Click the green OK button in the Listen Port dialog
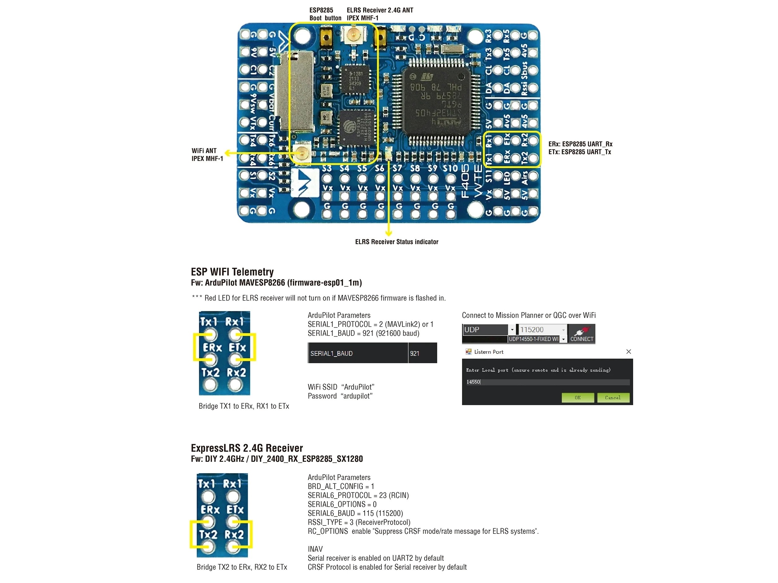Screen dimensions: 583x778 click(x=577, y=398)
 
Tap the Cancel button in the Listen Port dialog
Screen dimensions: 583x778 click(x=613, y=398)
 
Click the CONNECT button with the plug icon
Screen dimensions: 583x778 click(x=581, y=334)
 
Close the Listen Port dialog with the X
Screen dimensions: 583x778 click(x=629, y=351)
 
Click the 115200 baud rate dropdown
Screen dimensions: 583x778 click(x=542, y=330)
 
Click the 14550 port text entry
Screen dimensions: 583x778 click(x=547, y=382)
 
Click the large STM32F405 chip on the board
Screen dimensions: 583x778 click(x=436, y=100)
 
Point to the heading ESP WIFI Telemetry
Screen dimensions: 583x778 click(x=232, y=272)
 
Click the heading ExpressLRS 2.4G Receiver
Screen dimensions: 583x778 click(x=247, y=448)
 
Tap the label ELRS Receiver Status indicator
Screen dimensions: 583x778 click(x=396, y=242)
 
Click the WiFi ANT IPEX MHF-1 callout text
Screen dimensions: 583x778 click(x=207, y=155)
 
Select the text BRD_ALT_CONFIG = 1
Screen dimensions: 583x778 click(x=340, y=486)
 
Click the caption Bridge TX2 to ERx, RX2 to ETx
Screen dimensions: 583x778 click(x=242, y=567)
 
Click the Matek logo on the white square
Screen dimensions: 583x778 click(x=305, y=182)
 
